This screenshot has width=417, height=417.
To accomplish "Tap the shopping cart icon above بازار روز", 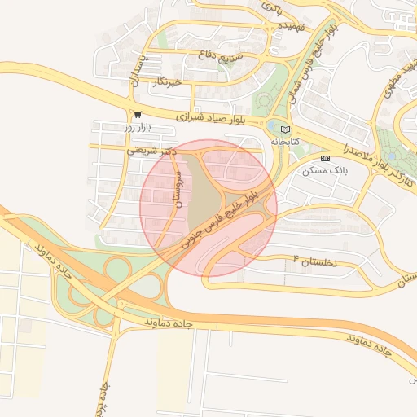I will [137, 115].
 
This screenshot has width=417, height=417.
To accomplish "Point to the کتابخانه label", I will [285, 142].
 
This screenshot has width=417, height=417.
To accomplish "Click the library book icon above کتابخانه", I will [284, 129].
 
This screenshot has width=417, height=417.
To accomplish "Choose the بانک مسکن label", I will [325, 171].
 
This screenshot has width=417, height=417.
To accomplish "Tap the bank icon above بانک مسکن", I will [326, 158].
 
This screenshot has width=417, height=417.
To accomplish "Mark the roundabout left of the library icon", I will [271, 129].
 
